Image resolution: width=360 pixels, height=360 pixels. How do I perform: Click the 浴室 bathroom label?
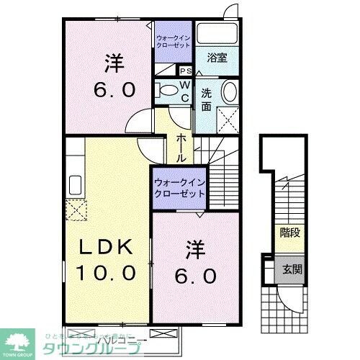click(217, 58)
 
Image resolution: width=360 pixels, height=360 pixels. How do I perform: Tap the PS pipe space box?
click(185, 71)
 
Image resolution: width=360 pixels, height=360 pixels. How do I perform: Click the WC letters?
click(184, 92)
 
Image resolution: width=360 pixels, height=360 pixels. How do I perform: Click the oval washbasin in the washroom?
click(228, 92)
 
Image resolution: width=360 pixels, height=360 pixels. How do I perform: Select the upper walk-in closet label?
click(174, 40)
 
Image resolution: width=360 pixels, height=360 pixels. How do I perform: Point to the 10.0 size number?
click(107, 273)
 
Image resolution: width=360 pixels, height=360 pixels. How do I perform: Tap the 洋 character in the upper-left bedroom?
click(111, 65)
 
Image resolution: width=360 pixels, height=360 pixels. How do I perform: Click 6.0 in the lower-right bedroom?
click(194, 275)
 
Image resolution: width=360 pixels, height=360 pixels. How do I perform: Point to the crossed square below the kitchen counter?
click(75, 211)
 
